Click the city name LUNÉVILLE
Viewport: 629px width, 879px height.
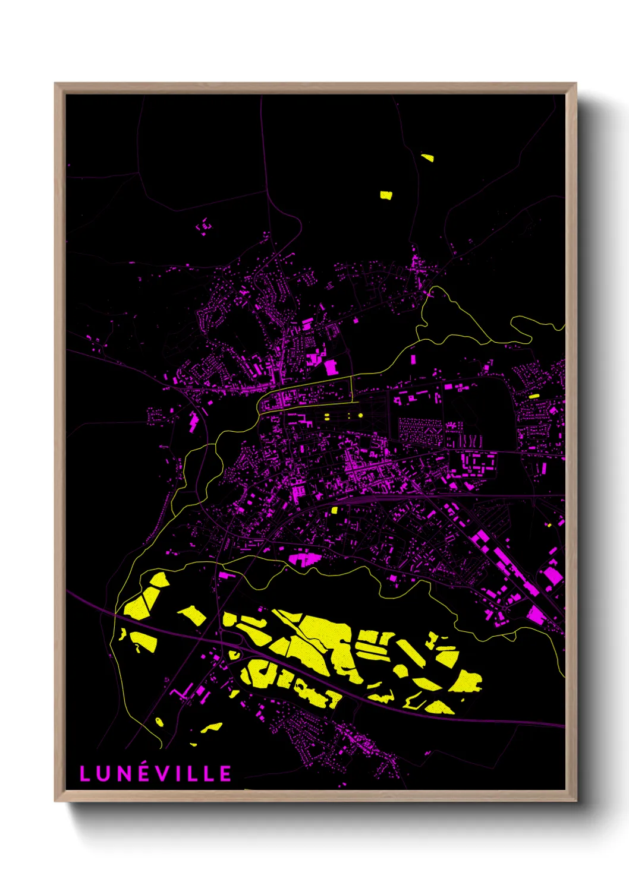(155, 773)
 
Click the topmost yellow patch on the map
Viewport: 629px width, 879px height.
(427, 158)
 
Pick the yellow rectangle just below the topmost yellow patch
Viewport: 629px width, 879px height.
(386, 194)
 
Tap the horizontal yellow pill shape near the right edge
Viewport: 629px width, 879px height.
(533, 396)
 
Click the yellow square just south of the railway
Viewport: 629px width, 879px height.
(334, 510)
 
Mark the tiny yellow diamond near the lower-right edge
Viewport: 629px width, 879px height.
(550, 525)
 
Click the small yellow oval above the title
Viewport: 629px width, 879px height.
(159, 722)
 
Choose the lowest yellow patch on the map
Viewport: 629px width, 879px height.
(193, 744)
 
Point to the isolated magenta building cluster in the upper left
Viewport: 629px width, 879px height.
(204, 226)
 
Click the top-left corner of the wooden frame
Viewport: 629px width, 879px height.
(55, 84)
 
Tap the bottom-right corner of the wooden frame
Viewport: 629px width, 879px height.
(575, 801)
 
